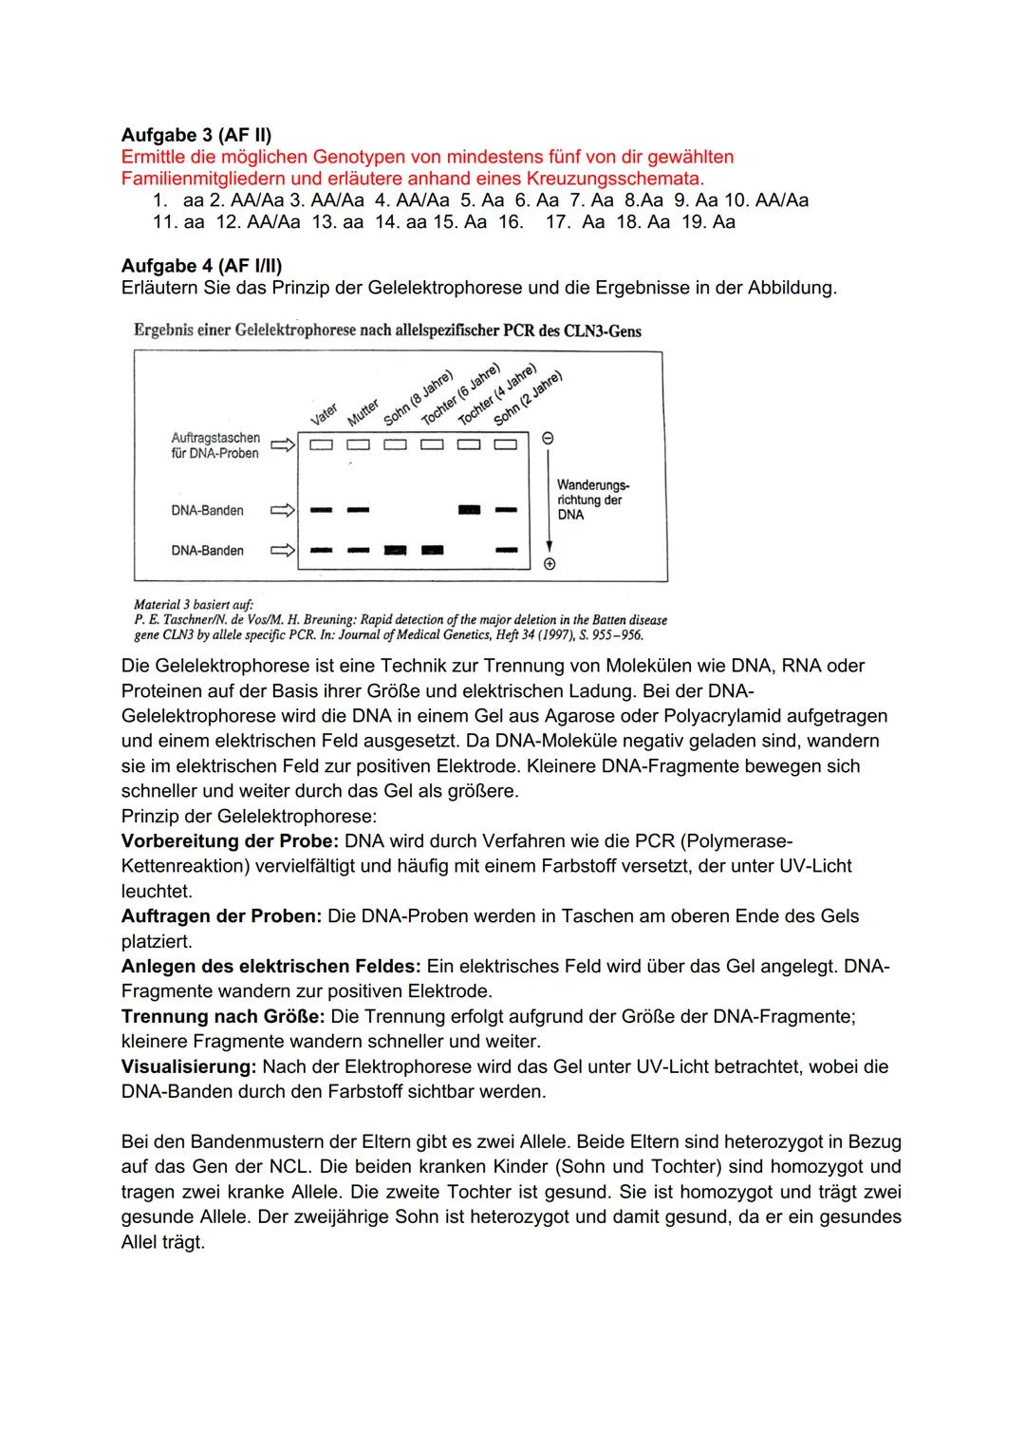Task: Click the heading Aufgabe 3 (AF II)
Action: (x=196, y=135)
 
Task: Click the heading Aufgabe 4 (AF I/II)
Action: (x=201, y=266)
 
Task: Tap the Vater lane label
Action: (x=324, y=415)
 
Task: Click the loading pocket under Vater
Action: (x=321, y=444)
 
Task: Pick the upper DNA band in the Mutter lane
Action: (x=358, y=511)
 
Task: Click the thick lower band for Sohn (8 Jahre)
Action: (x=395, y=550)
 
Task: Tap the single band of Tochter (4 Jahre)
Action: (x=469, y=511)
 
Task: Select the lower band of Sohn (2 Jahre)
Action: (x=506, y=550)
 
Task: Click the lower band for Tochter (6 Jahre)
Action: (x=432, y=550)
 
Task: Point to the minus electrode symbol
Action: (x=548, y=440)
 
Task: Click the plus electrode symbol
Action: (x=549, y=564)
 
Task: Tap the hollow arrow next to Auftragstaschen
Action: (x=282, y=444)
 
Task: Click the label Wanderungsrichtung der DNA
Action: (x=591, y=499)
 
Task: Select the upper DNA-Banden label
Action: (x=207, y=511)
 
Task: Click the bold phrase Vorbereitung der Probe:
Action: (x=230, y=841)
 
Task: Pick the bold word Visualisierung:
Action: (x=189, y=1066)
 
